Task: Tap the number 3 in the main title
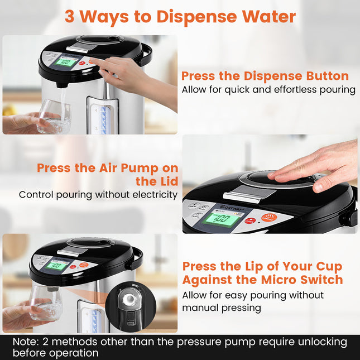(x=70, y=16)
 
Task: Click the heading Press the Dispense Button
(x=265, y=76)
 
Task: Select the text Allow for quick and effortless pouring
(x=268, y=90)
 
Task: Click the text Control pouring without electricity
(x=98, y=195)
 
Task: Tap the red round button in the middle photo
(x=253, y=220)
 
